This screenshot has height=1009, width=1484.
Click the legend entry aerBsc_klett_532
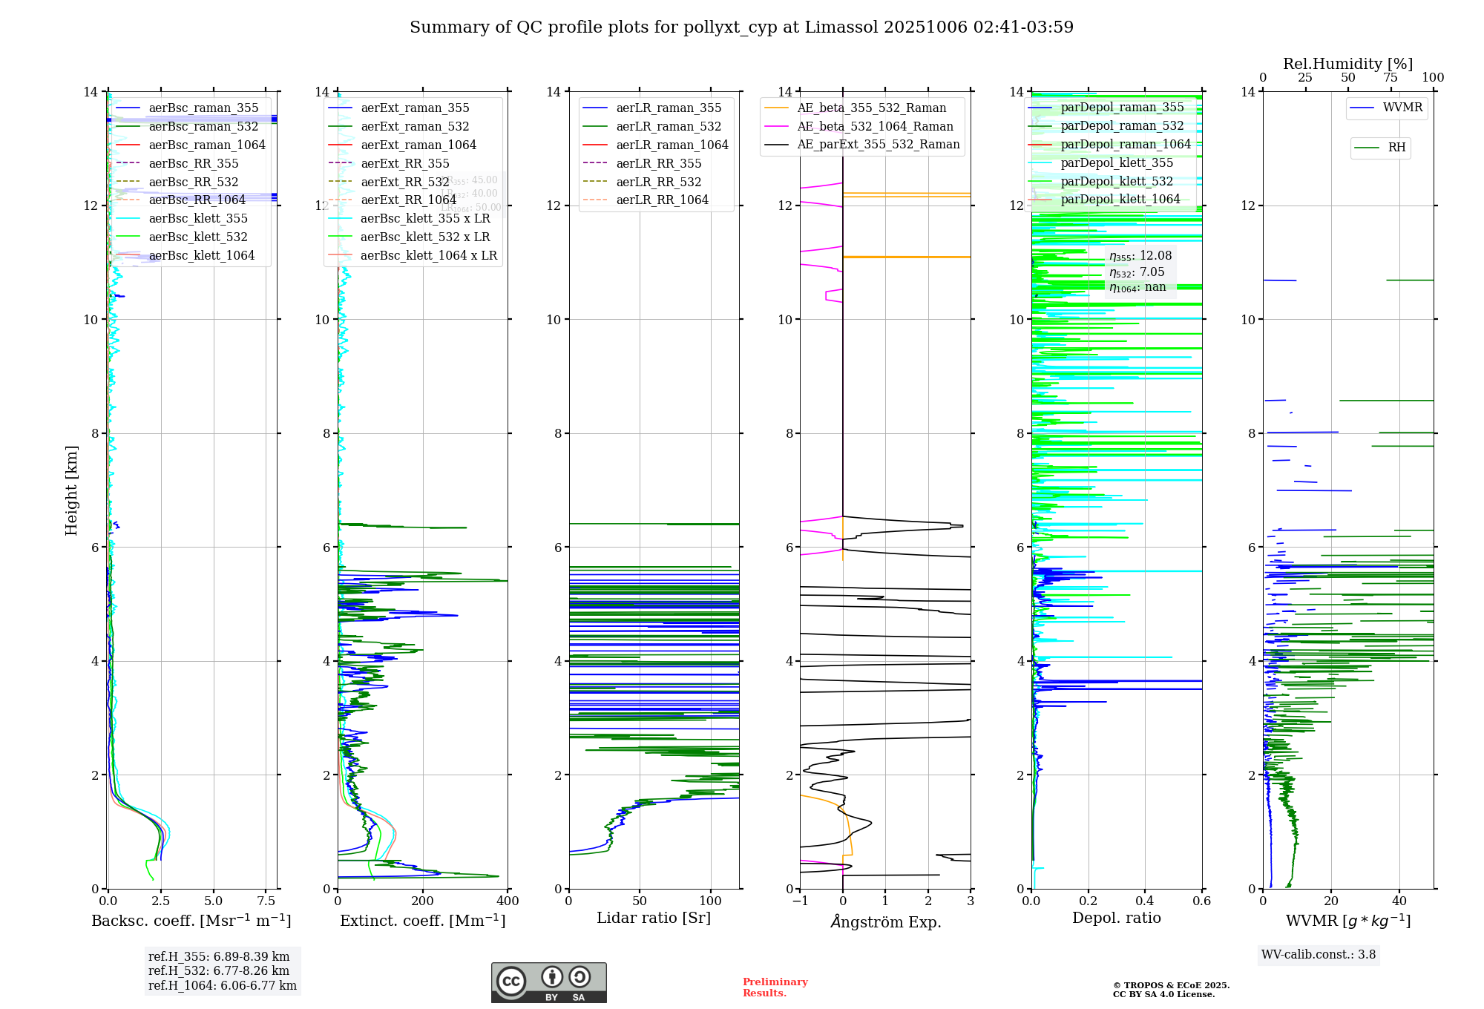point(197,237)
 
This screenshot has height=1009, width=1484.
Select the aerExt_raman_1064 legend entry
point(418,145)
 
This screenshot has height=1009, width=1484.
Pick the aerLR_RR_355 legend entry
point(658,164)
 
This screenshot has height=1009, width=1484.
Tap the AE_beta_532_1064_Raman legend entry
point(875,127)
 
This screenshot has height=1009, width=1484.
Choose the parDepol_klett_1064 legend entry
point(1120,200)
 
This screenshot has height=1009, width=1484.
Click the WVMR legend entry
point(1402,108)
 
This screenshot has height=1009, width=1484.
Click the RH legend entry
point(1396,148)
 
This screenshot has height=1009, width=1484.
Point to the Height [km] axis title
point(71,490)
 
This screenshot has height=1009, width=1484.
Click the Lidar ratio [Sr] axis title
point(653,918)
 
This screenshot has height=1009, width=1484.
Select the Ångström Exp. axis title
point(885,922)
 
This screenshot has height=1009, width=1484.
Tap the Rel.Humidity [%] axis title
point(1347,64)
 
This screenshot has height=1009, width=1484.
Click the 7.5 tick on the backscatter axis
point(266,901)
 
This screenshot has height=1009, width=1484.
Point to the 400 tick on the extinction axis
point(508,901)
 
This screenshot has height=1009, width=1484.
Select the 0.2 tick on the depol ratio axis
point(1088,901)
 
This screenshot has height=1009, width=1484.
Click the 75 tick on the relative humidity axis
point(1391,78)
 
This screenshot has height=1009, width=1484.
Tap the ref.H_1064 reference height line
point(222,986)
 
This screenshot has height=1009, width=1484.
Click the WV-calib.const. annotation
point(1318,955)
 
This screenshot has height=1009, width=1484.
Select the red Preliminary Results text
point(775,987)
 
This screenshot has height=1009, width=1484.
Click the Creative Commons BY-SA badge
point(548,983)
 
